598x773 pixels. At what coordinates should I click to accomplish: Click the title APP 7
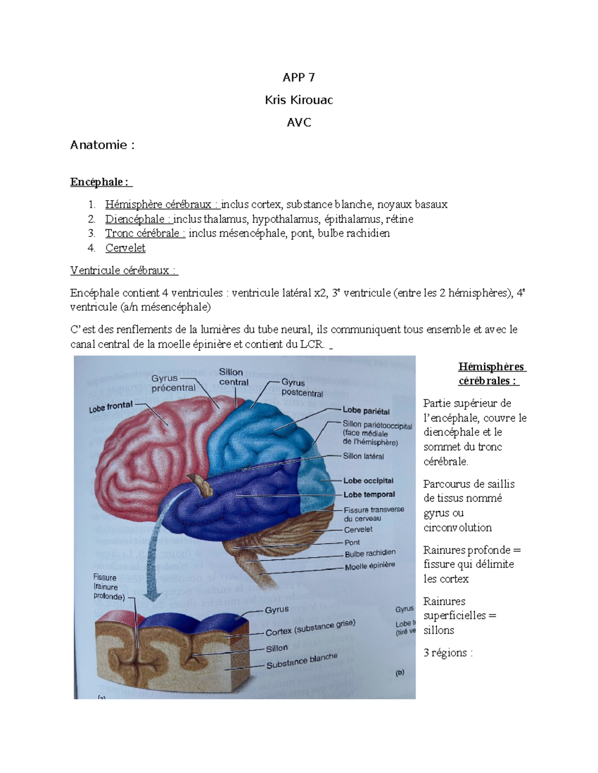[x=299, y=77]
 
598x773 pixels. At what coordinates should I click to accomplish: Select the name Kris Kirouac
[x=299, y=100]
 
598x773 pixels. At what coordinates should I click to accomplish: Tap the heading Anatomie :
[x=102, y=145]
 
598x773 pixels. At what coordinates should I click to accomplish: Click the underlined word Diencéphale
[x=135, y=219]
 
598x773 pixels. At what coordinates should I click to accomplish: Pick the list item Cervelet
[x=125, y=248]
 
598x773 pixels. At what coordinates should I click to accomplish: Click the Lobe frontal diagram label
[x=111, y=407]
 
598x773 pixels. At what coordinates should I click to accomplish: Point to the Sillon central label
[x=233, y=377]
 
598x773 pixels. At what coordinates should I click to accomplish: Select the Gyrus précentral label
[x=173, y=383]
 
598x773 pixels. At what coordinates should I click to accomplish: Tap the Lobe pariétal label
[x=366, y=411]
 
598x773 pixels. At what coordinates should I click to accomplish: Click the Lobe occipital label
[x=368, y=481]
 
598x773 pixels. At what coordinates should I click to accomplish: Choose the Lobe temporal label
[x=369, y=495]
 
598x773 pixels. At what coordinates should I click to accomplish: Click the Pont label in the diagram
[x=352, y=543]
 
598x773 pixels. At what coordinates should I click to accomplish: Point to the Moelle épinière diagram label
[x=370, y=566]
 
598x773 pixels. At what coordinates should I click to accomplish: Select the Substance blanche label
[x=301, y=661]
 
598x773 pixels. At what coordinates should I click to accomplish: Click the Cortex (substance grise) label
[x=310, y=628]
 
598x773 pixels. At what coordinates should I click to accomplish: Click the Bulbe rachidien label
[x=370, y=553]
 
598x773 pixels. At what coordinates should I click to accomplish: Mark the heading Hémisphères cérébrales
[x=491, y=374]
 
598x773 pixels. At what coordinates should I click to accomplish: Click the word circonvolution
[x=457, y=528]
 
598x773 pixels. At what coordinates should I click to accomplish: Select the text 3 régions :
[x=448, y=653]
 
